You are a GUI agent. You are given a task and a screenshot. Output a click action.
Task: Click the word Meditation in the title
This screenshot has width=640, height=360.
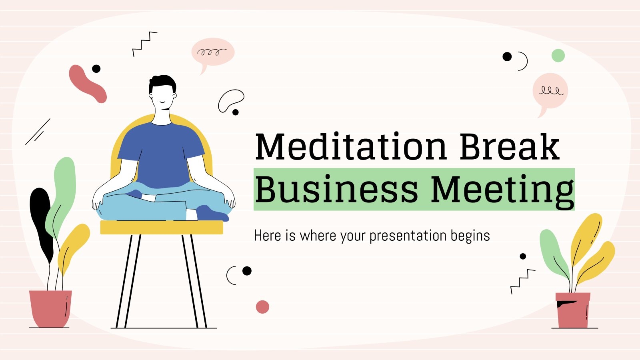(x=350, y=146)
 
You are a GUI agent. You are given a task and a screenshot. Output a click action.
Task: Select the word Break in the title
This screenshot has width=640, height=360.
(x=509, y=146)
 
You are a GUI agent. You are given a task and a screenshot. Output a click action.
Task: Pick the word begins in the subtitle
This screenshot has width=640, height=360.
(x=470, y=236)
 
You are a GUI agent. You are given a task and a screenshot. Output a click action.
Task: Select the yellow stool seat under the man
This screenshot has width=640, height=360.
(x=161, y=227)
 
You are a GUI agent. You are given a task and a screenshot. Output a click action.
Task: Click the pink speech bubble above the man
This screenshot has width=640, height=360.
(x=212, y=52)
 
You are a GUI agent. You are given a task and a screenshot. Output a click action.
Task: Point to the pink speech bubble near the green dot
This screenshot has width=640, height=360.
(x=550, y=91)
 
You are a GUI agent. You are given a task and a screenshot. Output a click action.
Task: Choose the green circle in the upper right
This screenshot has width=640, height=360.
(x=558, y=56)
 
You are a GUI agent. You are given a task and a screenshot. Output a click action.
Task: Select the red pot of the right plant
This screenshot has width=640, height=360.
(x=573, y=310)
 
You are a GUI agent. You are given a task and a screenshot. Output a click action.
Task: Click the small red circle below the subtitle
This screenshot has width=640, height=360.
(x=262, y=307)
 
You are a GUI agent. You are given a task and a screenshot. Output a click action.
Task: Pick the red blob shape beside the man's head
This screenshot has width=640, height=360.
(x=87, y=84)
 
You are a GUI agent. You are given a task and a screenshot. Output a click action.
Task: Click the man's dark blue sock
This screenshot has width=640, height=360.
(x=212, y=213)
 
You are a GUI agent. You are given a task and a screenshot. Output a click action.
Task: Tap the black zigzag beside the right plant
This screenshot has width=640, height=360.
(x=522, y=281)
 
